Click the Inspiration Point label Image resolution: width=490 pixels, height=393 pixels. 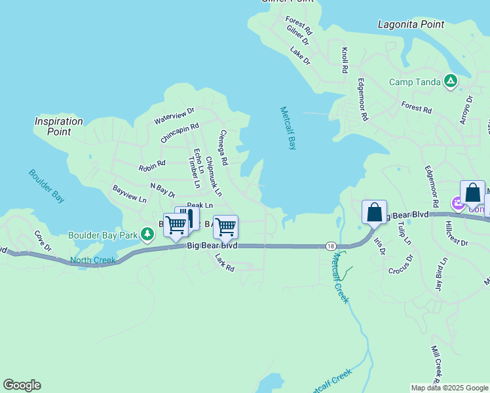click(59, 126)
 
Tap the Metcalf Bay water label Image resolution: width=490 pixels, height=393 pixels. click(288, 128)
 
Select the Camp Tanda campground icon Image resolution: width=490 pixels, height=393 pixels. click(450, 82)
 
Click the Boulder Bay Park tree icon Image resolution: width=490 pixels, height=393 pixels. click(147, 234)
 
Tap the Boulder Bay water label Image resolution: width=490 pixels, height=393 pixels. click(47, 185)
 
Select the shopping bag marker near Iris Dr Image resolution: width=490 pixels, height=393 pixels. click(374, 213)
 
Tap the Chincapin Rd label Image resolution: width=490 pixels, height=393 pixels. click(179, 133)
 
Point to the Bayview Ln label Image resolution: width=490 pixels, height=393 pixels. click(129, 194)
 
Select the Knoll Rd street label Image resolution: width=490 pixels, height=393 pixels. click(345, 60)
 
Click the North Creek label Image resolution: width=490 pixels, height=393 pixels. click(93, 260)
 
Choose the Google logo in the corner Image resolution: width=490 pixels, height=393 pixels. click(22, 385)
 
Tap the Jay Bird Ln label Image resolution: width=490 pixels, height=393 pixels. click(442, 273)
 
